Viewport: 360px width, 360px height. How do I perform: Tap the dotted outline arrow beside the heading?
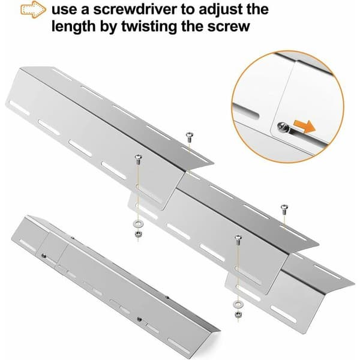click(x=33, y=10)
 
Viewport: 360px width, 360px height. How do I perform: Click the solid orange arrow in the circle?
click(x=305, y=127)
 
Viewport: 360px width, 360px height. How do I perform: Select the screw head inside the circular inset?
click(x=281, y=126)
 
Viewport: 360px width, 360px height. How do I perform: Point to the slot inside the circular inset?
click(x=246, y=111)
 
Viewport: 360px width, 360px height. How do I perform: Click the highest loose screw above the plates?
click(x=189, y=136)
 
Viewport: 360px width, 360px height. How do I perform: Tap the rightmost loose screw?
click(x=284, y=209)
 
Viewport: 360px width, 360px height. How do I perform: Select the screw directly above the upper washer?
click(x=138, y=159)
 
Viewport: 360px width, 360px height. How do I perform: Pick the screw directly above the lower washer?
click(x=238, y=239)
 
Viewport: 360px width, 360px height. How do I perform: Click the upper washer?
click(x=138, y=223)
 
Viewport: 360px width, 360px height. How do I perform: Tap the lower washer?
click(x=238, y=304)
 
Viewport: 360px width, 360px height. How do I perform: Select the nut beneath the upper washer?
click(x=138, y=234)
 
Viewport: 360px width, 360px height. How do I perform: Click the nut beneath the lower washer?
click(x=238, y=314)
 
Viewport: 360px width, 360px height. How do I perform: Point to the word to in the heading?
click(x=188, y=10)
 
